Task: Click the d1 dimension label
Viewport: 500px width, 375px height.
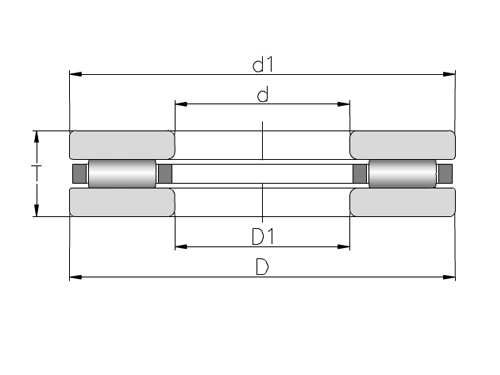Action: click(x=263, y=65)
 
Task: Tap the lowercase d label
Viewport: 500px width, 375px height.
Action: click(x=263, y=95)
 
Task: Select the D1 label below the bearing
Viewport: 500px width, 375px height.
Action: click(x=263, y=237)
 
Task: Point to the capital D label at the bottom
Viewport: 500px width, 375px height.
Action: click(x=262, y=267)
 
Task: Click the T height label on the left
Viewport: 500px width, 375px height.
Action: click(x=37, y=173)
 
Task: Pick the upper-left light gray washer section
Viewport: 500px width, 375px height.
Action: click(x=122, y=145)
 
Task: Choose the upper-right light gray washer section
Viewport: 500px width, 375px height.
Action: click(x=402, y=145)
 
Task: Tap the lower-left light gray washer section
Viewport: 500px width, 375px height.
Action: click(x=122, y=202)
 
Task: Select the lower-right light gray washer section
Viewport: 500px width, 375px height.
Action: click(x=402, y=202)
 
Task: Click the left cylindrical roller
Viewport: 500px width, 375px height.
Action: click(x=122, y=174)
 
